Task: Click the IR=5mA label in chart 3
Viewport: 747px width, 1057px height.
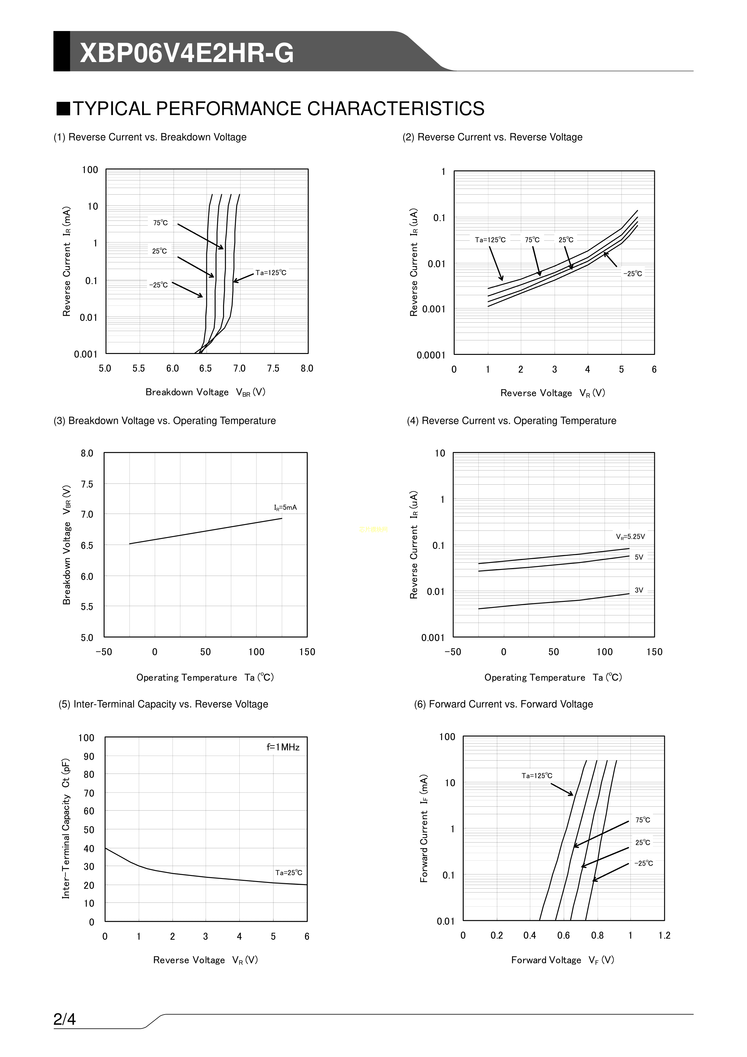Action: [285, 507]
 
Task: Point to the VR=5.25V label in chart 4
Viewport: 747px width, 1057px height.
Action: [630, 536]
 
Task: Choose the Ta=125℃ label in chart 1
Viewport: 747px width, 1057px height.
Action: [271, 273]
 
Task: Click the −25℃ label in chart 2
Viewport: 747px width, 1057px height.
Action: [632, 274]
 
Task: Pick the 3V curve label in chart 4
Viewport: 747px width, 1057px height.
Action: [639, 590]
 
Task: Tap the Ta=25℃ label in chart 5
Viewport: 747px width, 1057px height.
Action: [288, 872]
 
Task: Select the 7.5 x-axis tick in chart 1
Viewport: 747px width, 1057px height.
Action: [273, 368]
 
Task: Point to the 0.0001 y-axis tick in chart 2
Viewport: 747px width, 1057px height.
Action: [431, 355]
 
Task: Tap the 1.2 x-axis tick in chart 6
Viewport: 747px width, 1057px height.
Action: [664, 936]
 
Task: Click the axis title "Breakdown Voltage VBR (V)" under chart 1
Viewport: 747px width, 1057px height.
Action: [205, 392]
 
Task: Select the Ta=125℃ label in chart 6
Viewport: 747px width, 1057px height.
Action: [537, 776]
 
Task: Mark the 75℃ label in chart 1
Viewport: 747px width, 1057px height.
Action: [160, 223]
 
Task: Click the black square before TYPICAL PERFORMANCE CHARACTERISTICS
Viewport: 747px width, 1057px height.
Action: [63, 109]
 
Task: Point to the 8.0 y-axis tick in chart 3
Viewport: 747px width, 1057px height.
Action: [87, 453]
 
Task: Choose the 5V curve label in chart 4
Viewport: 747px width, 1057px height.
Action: [639, 557]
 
